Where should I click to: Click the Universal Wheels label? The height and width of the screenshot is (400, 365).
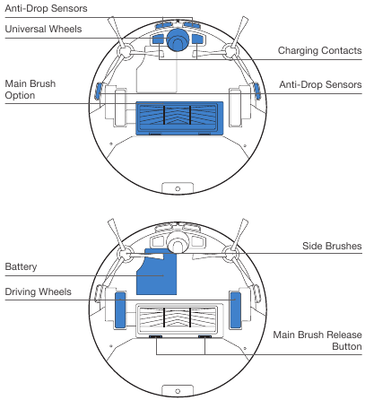pos(43,30)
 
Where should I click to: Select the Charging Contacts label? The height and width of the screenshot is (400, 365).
pos(318,50)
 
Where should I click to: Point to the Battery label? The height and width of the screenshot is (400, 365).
pos(21,266)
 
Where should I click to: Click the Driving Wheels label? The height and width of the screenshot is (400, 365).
pos(39,292)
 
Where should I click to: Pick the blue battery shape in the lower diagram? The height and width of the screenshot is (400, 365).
pos(156,273)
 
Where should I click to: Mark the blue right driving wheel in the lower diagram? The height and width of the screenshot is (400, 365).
pos(236,307)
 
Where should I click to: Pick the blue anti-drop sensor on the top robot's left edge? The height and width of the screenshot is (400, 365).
pos(99,90)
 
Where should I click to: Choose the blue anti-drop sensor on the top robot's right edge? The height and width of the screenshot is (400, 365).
pos(256,90)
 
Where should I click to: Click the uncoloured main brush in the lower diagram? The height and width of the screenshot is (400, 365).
pos(178,317)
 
